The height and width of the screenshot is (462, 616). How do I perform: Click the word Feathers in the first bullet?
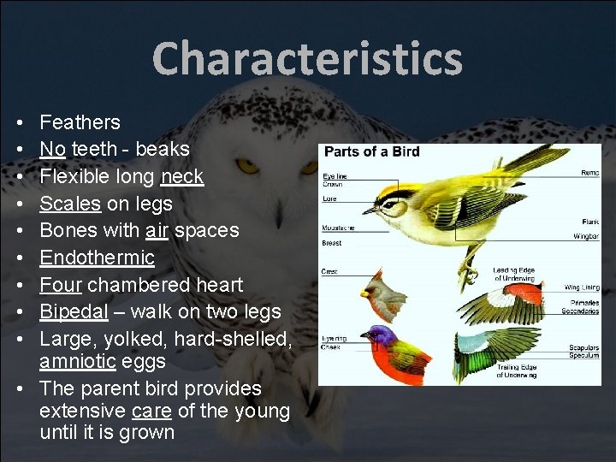click(80, 122)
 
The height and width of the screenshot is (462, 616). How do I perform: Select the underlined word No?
click(52, 149)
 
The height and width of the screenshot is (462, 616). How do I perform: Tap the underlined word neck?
click(181, 176)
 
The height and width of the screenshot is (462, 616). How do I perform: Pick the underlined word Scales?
click(69, 204)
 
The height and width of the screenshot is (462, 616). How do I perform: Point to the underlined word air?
click(157, 230)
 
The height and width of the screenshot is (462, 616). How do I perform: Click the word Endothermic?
click(97, 258)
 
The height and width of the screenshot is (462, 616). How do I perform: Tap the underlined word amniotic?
click(77, 361)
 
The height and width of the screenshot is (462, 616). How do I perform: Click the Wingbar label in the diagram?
click(585, 234)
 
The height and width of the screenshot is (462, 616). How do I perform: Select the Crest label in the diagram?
click(329, 272)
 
